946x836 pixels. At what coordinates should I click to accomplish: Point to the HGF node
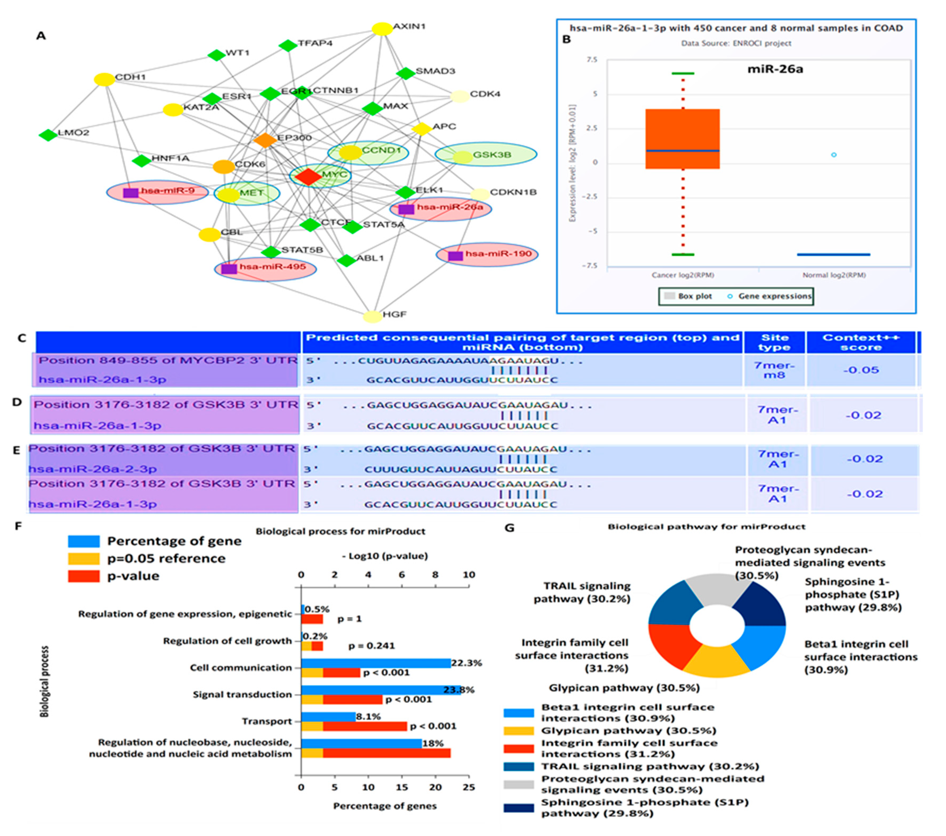pos(373,316)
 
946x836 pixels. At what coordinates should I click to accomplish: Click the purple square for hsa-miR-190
pos(456,255)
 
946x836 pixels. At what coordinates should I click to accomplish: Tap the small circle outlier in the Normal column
pos(834,155)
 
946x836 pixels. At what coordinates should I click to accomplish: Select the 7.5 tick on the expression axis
pos(592,60)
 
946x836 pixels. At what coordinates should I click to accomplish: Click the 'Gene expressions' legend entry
pos(774,296)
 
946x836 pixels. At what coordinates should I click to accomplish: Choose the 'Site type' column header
pos(774,342)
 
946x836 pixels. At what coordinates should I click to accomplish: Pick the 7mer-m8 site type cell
pos(774,370)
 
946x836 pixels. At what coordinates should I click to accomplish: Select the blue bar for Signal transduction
pos(379,690)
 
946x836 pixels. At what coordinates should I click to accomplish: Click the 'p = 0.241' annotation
pos(371,646)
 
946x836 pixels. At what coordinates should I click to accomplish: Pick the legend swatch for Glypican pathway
pos(518,731)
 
